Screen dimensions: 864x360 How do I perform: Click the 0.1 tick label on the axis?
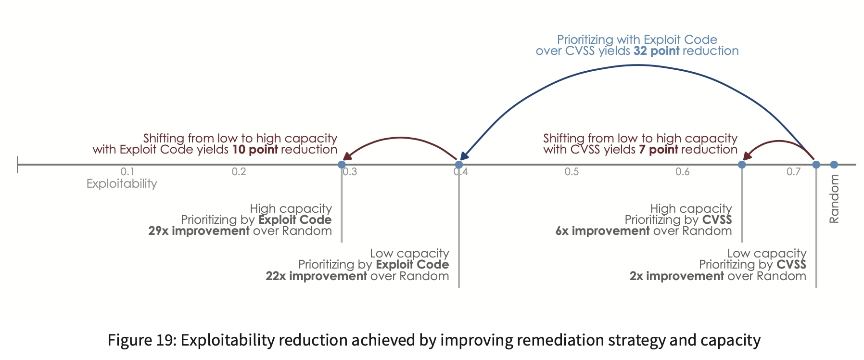point(127,172)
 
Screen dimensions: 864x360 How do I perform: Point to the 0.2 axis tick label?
point(239,172)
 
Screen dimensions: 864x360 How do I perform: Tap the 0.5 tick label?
point(572,172)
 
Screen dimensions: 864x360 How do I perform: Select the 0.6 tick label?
point(682,172)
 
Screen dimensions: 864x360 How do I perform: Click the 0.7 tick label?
point(793,172)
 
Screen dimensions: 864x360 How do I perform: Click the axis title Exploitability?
point(122,184)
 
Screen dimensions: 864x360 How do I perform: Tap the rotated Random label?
point(834,199)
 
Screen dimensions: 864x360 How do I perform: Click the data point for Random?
point(834,165)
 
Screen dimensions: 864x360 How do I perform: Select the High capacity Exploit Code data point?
point(342,165)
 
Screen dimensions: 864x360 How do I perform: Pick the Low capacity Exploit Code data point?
point(459,165)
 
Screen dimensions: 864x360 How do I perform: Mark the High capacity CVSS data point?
point(742,165)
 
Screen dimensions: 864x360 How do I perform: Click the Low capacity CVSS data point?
point(816,165)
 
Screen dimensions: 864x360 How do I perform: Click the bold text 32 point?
point(657,51)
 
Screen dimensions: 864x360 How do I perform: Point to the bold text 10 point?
point(255,150)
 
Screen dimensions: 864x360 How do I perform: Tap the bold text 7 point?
point(659,150)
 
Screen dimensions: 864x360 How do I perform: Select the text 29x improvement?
point(199,231)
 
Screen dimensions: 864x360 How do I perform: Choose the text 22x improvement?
point(316,276)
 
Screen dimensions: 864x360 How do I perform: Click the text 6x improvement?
point(602,231)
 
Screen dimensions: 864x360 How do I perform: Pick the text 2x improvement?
point(676,276)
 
